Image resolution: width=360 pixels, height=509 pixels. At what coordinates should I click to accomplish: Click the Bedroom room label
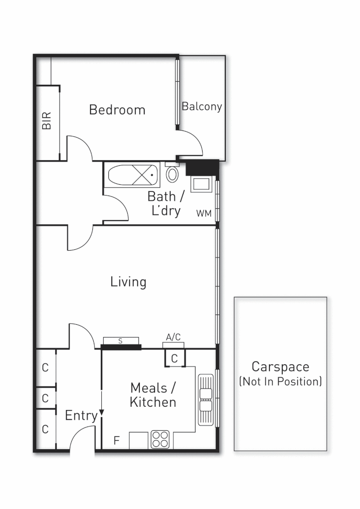click(x=117, y=110)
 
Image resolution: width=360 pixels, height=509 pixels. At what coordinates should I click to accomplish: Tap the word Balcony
click(x=202, y=107)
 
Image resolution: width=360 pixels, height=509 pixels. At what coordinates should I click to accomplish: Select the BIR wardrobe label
click(x=46, y=121)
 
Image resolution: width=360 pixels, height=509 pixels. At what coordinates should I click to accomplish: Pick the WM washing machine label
click(x=204, y=213)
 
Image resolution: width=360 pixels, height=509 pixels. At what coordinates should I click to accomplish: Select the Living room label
click(x=128, y=282)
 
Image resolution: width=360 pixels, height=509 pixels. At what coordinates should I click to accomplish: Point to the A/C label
click(x=173, y=337)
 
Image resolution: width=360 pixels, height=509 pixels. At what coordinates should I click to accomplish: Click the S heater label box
click(x=121, y=341)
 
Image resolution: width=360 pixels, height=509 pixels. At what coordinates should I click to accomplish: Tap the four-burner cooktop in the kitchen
click(x=160, y=439)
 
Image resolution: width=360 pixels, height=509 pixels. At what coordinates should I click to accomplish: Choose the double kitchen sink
click(x=206, y=400)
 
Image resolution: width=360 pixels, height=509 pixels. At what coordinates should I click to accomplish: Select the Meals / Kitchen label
click(x=153, y=395)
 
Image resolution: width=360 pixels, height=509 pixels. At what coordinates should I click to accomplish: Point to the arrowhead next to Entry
click(x=101, y=413)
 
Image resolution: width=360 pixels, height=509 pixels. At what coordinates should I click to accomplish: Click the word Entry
click(x=81, y=416)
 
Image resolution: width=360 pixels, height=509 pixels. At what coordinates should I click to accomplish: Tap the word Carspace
click(x=280, y=367)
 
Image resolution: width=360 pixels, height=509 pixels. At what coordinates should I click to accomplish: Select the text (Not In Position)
click(x=280, y=381)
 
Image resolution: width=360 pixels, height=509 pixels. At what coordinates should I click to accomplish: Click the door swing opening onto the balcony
click(x=192, y=144)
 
